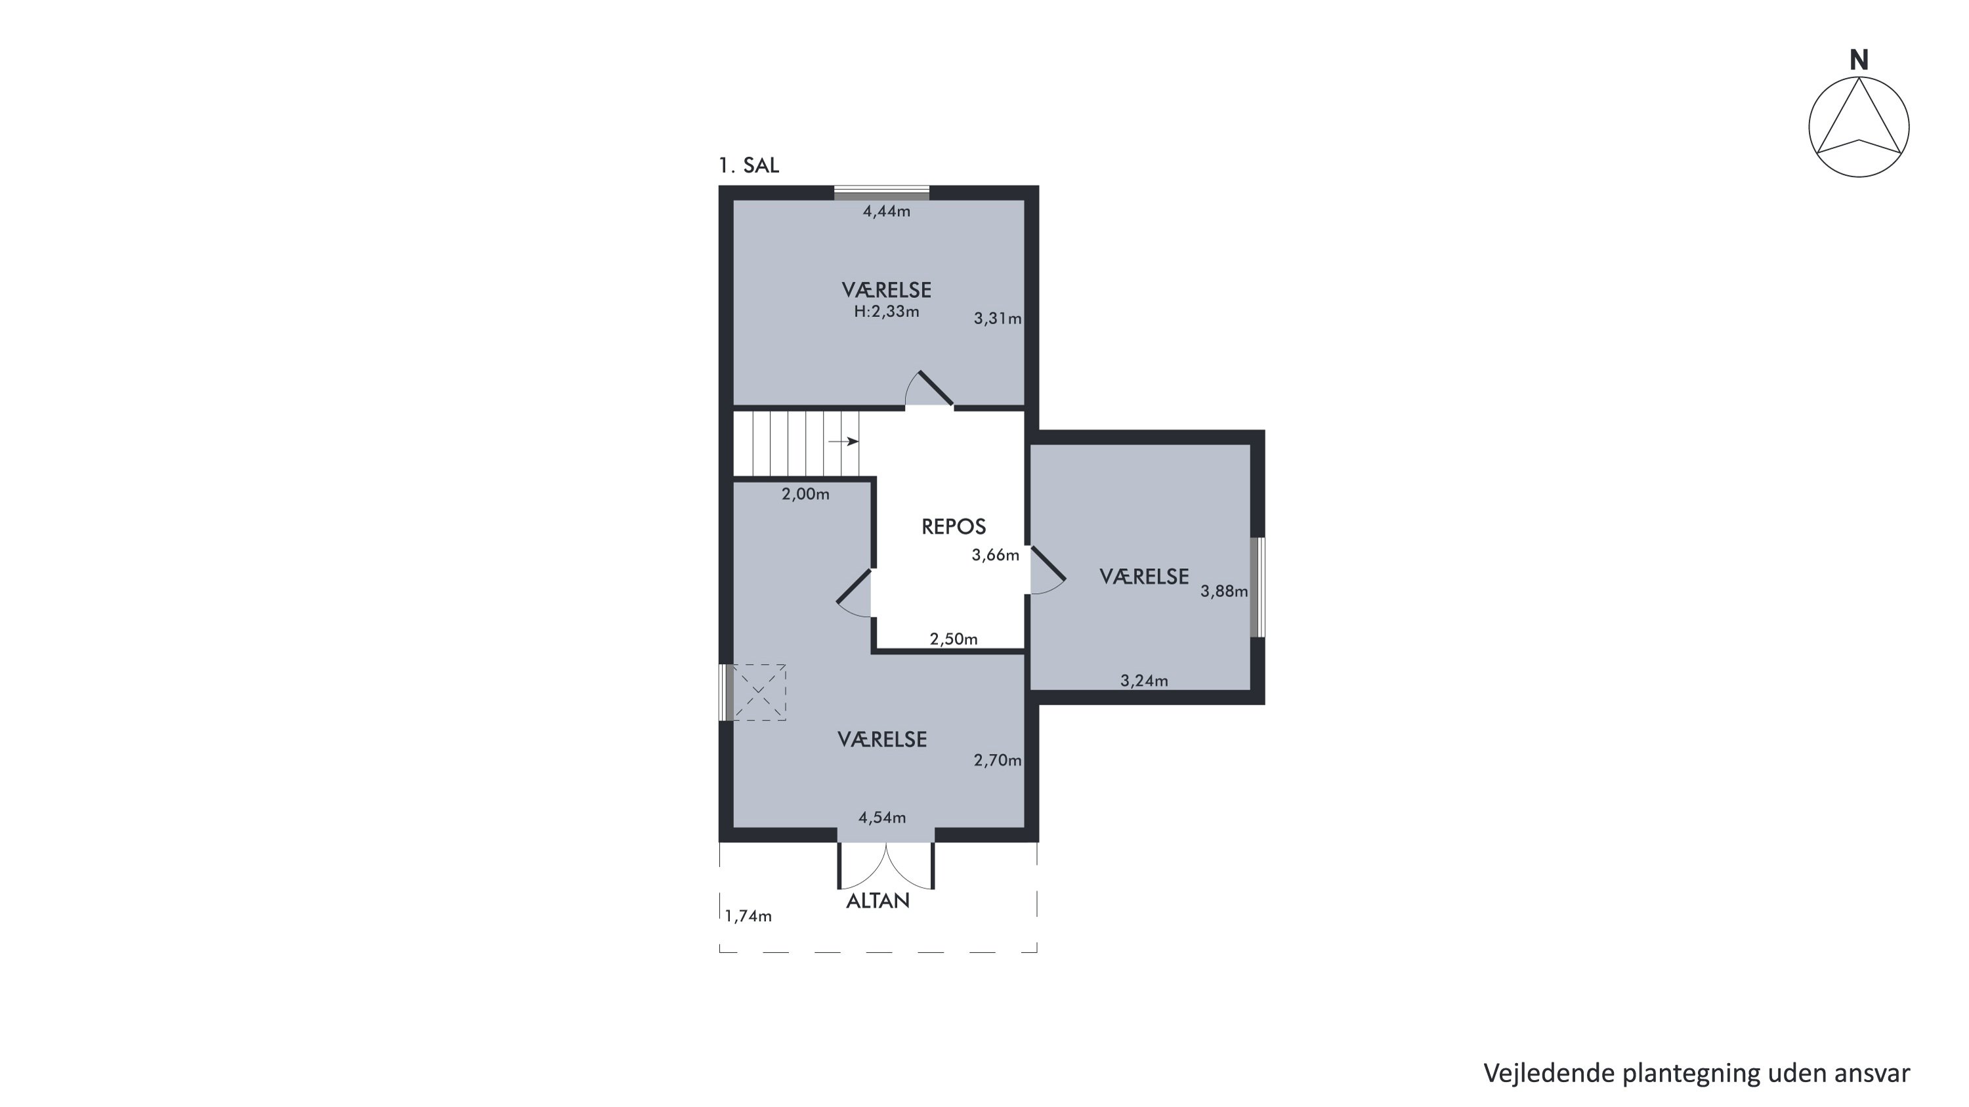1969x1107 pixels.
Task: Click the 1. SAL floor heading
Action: (x=748, y=165)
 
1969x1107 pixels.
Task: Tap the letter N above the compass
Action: (x=1859, y=60)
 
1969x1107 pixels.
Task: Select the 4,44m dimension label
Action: (x=887, y=211)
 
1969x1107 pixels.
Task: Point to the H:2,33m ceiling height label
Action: (x=887, y=312)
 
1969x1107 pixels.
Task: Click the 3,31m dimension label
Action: (x=998, y=318)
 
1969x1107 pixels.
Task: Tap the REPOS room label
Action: (x=954, y=526)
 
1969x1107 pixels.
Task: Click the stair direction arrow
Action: (x=844, y=442)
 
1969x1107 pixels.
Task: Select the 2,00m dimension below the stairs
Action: (x=805, y=494)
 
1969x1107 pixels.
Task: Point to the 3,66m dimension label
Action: (x=995, y=555)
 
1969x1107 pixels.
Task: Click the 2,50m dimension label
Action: (x=953, y=639)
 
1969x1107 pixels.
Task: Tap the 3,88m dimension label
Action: (x=1224, y=591)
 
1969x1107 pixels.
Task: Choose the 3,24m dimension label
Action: (x=1144, y=680)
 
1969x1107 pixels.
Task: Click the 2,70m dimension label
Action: (x=998, y=760)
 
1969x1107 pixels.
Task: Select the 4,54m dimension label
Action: (x=882, y=818)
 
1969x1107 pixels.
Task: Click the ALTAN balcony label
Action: (x=878, y=902)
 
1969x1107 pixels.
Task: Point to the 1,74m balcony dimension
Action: (x=748, y=916)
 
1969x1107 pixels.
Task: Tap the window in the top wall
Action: (x=881, y=192)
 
